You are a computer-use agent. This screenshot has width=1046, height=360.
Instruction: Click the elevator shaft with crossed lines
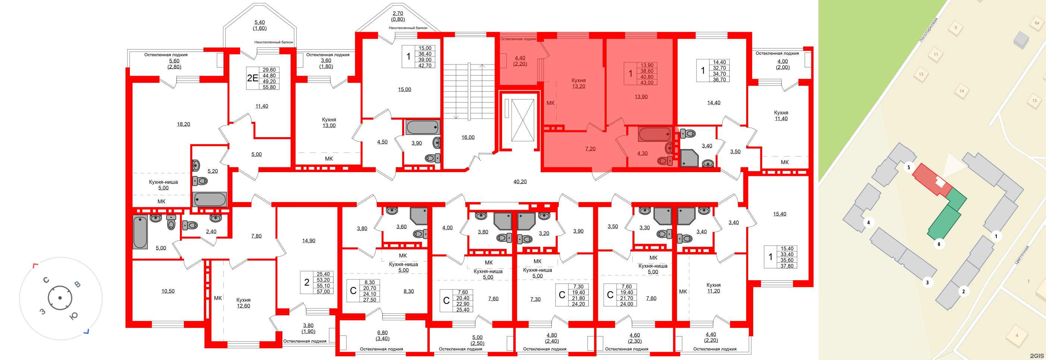523,120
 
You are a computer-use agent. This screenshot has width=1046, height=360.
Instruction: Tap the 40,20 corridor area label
520,182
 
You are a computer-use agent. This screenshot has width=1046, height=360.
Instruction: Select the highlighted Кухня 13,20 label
578,83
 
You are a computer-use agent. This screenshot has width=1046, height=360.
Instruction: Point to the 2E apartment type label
252,78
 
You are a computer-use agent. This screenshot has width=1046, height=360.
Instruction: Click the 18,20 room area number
183,124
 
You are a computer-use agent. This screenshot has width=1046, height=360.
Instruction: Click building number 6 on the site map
939,244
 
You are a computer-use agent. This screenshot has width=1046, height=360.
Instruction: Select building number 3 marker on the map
927,282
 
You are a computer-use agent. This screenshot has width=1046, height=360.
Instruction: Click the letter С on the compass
46,280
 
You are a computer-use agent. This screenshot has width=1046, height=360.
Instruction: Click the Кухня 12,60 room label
243,303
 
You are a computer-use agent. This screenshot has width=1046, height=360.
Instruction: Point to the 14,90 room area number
308,241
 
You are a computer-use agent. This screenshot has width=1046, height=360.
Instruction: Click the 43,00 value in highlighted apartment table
646,82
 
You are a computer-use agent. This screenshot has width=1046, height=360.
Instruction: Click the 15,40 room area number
779,214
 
